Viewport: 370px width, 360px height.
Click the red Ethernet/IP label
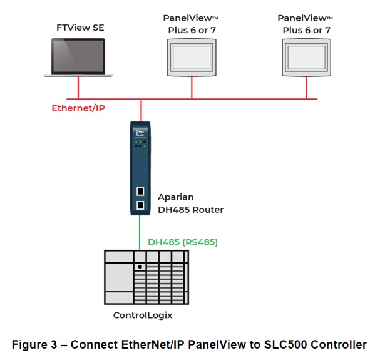[78, 108]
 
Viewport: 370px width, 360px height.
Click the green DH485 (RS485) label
[182, 241]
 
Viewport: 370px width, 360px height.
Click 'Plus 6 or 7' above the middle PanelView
[192, 30]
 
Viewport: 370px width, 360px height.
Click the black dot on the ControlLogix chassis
[141, 266]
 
